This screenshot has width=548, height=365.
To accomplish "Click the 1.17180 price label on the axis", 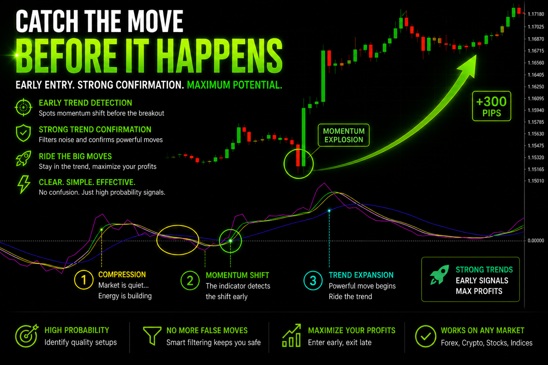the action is (x=536, y=14).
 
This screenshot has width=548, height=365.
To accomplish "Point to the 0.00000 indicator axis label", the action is (x=536, y=241).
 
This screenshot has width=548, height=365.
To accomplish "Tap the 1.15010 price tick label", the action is (x=536, y=181).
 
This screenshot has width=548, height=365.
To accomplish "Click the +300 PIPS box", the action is (x=492, y=106).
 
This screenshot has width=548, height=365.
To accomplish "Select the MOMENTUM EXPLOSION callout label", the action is (x=344, y=135).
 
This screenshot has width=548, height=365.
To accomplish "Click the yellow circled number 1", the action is (x=84, y=280).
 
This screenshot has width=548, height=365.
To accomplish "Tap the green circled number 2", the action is (x=190, y=281).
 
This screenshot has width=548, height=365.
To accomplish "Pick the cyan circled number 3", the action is (x=313, y=281).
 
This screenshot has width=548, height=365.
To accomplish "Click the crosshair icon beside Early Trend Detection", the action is (x=24, y=107).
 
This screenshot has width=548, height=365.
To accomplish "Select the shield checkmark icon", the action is (x=23, y=133).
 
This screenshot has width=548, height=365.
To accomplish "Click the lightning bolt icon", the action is (x=24, y=184).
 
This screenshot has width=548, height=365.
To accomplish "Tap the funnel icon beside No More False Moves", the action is (x=152, y=336).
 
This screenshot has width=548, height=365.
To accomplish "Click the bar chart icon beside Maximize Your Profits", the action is (x=291, y=335).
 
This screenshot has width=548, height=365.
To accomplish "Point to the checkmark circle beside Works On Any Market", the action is (x=425, y=336).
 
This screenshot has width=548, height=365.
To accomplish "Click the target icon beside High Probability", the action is (x=27, y=336).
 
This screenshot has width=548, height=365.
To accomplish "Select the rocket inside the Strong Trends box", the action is (x=440, y=274).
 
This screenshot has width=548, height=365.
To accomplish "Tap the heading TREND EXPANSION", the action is (x=361, y=275).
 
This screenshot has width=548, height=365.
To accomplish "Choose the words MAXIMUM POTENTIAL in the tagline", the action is (x=234, y=85).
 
